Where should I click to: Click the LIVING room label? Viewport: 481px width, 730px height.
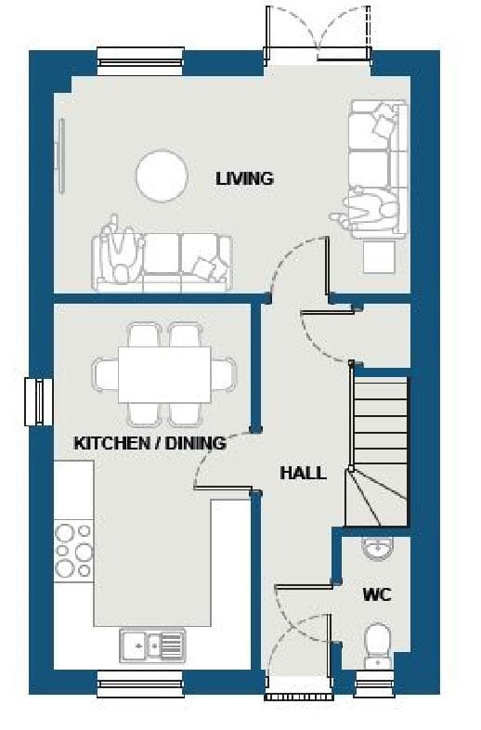(244, 178)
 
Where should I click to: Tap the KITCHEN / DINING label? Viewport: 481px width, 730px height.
(149, 443)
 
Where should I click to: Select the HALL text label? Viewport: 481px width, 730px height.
(303, 473)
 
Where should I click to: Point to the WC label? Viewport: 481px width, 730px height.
(377, 594)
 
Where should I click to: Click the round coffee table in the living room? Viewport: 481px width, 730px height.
(162, 176)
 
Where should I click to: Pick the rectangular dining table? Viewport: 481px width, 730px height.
(164, 375)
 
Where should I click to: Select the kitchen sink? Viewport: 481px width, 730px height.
(152, 645)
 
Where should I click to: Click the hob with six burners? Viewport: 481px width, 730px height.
(73, 551)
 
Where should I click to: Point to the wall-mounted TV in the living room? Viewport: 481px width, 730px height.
(60, 155)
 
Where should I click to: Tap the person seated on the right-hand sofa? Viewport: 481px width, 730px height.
(368, 208)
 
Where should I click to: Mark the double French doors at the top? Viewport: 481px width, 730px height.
(318, 33)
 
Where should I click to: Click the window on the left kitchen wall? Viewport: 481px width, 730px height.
(39, 402)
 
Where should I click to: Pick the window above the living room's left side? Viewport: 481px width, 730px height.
(140, 61)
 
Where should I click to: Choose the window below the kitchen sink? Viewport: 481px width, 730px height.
(140, 684)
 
